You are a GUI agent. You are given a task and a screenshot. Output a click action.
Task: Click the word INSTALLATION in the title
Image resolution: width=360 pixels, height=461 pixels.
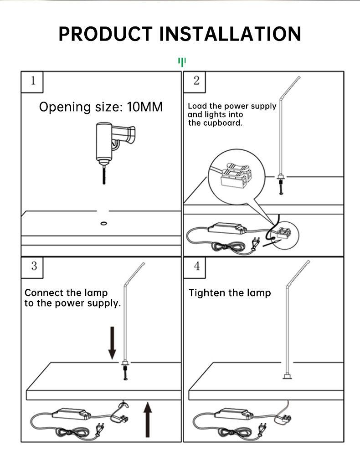pyautogui.click(x=232, y=34)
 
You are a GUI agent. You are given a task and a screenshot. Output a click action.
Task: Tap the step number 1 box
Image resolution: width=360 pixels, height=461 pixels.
pyautogui.click(x=32, y=82)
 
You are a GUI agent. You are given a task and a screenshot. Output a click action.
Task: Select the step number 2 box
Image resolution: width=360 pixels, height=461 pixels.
pyautogui.click(x=196, y=81)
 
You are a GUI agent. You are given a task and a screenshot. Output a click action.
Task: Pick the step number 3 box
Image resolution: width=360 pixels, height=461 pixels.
pyautogui.click(x=33, y=266)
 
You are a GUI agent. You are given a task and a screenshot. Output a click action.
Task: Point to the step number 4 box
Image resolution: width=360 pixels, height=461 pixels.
pyautogui.click(x=196, y=266)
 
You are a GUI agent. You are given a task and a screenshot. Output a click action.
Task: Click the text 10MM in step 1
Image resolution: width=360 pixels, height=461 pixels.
pyautogui.click(x=144, y=107)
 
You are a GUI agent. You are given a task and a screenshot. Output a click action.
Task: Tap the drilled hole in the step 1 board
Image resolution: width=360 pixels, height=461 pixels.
pyautogui.click(x=104, y=224)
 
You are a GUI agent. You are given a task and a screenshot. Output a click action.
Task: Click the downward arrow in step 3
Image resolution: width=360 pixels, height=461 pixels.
pyautogui.click(x=112, y=342)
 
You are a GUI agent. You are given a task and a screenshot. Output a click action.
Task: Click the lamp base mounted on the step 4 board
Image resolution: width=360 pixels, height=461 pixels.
pyautogui.click(x=287, y=377)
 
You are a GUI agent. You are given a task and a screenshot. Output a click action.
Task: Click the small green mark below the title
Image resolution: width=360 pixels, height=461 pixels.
pyautogui.click(x=182, y=61)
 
